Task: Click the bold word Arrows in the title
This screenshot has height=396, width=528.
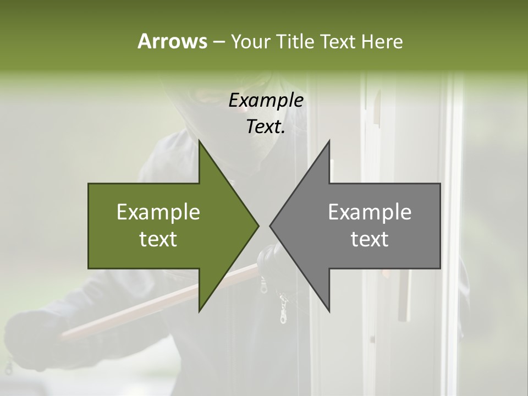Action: pyautogui.click(x=172, y=41)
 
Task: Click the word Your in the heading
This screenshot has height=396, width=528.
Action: pyautogui.click(x=250, y=42)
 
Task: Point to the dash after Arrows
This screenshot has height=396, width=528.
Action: pyautogui.click(x=218, y=42)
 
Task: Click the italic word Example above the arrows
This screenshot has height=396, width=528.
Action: pyautogui.click(x=266, y=101)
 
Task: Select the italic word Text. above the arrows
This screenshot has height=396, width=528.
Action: pyautogui.click(x=266, y=127)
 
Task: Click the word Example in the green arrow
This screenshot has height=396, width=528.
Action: pyautogui.click(x=158, y=212)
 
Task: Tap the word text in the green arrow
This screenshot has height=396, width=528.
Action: pyautogui.click(x=158, y=239)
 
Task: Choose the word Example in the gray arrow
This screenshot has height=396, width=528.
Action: pyautogui.click(x=370, y=212)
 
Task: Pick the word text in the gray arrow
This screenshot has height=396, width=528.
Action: pyautogui.click(x=370, y=239)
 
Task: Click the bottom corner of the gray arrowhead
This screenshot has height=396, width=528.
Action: pyautogui.click(x=329, y=311)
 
